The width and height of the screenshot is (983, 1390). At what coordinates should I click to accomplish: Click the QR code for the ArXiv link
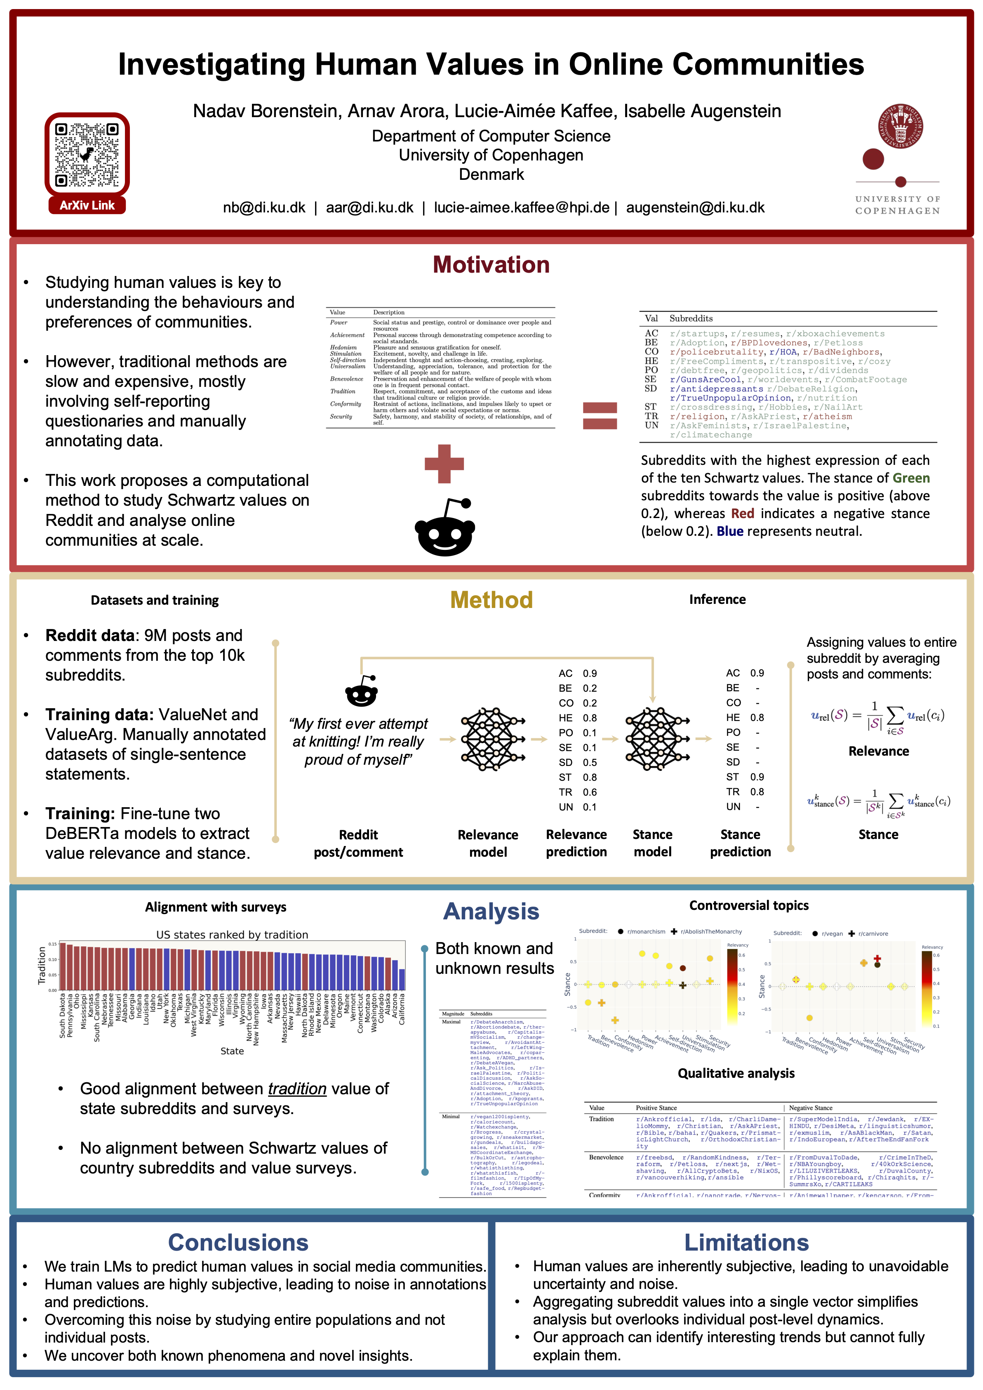87,154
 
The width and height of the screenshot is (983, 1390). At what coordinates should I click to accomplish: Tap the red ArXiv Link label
87,205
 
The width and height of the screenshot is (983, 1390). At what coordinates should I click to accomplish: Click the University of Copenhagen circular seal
900,126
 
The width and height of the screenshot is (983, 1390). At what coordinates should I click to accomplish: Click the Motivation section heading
491,264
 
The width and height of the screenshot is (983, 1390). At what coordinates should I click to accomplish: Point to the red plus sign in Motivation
444,464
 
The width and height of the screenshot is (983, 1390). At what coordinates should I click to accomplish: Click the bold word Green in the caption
911,478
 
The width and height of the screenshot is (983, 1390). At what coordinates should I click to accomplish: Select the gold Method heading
491,600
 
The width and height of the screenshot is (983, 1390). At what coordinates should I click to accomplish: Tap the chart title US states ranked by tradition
232,935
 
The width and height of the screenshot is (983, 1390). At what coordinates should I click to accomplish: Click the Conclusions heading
238,1242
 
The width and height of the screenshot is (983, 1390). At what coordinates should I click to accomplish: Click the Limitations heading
746,1242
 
